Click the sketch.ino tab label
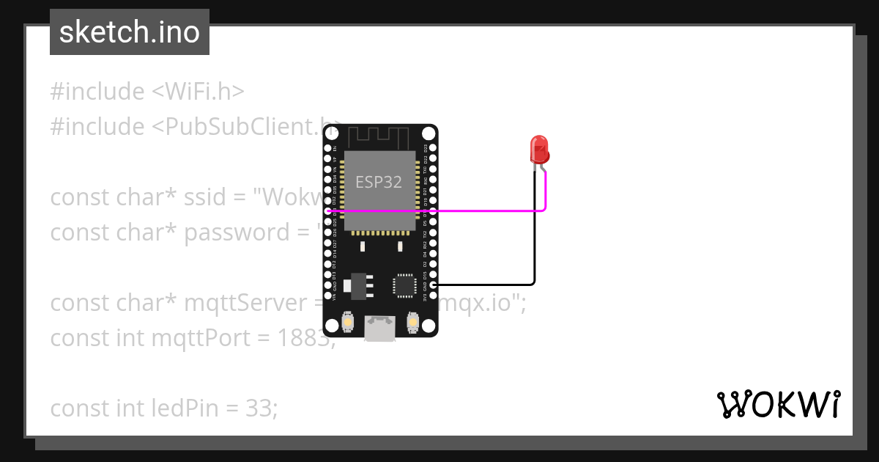pos(129,32)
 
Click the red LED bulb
pos(539,149)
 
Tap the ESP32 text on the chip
pos(379,182)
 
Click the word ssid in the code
pos(215,197)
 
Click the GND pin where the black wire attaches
pos(434,285)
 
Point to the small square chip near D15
pos(404,285)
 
